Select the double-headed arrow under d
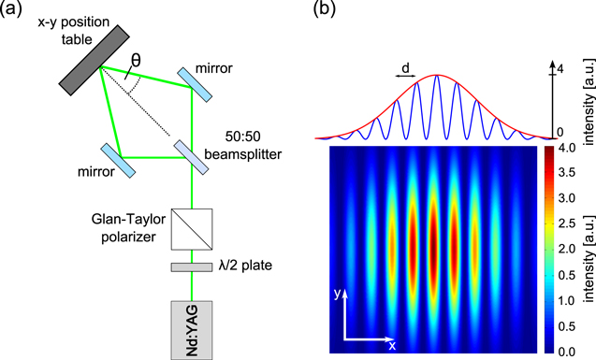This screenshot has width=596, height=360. point(404,81)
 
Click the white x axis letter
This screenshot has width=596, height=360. point(392,345)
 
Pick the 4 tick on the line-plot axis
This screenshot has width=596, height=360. point(560,69)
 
